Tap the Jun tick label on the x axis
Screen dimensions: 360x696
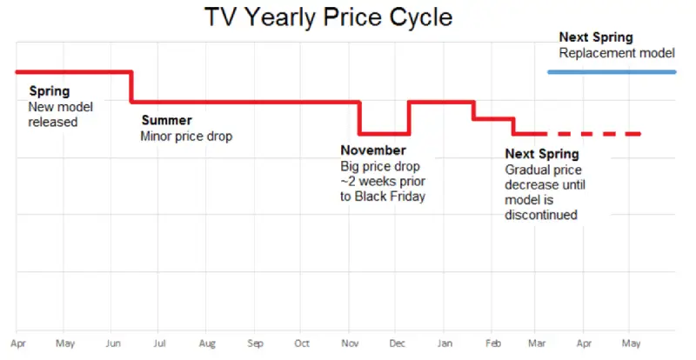point(112,343)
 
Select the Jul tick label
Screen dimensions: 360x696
point(160,343)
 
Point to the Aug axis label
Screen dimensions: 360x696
point(207,343)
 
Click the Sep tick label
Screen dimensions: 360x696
point(255,343)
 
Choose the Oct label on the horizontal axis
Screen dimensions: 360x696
point(302,343)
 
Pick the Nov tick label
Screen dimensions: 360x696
point(350,343)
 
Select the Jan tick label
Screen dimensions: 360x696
point(445,343)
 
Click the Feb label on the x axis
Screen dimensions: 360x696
point(492,343)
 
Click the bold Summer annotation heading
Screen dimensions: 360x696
point(166,120)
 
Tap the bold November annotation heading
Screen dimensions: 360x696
point(373,150)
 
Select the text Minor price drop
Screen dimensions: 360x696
point(186,136)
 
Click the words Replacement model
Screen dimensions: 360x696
point(617,53)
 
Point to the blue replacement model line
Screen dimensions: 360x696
point(612,71)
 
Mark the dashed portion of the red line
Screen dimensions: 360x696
point(600,134)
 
